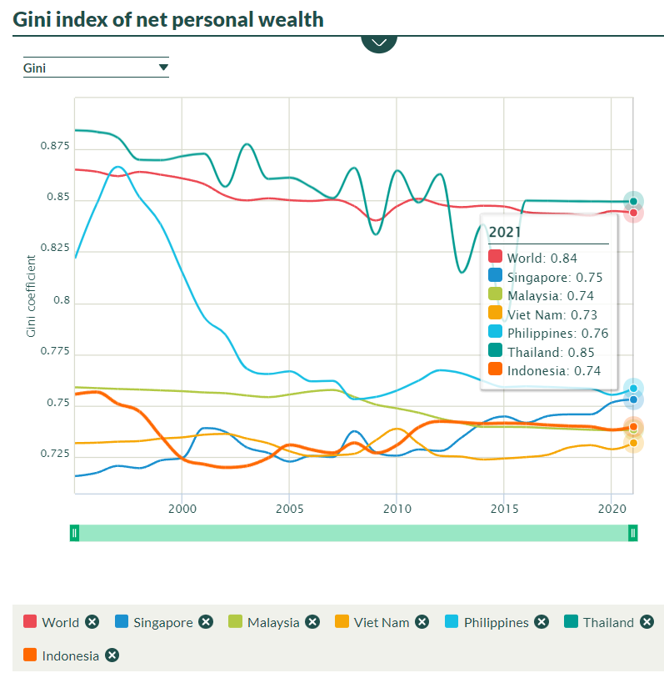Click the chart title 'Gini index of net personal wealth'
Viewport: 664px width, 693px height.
tap(168, 19)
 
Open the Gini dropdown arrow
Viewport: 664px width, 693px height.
tap(163, 68)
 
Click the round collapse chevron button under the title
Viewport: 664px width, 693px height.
tap(379, 41)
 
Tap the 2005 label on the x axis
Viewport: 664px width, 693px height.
tap(289, 508)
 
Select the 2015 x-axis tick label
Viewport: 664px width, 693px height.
tap(503, 508)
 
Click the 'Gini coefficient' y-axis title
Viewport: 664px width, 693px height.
tap(32, 296)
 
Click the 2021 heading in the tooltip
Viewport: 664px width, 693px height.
tap(504, 231)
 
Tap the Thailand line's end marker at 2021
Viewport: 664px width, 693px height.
tap(633, 201)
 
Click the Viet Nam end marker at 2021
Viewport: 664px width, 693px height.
tap(633, 443)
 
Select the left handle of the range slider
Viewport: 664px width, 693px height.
tap(74, 532)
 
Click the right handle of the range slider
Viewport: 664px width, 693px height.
tap(633, 532)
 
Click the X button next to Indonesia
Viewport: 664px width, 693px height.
tap(112, 655)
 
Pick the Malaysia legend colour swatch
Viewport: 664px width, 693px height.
tap(235, 622)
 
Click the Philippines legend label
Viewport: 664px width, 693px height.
tap(496, 622)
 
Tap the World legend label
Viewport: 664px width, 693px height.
tap(60, 622)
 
